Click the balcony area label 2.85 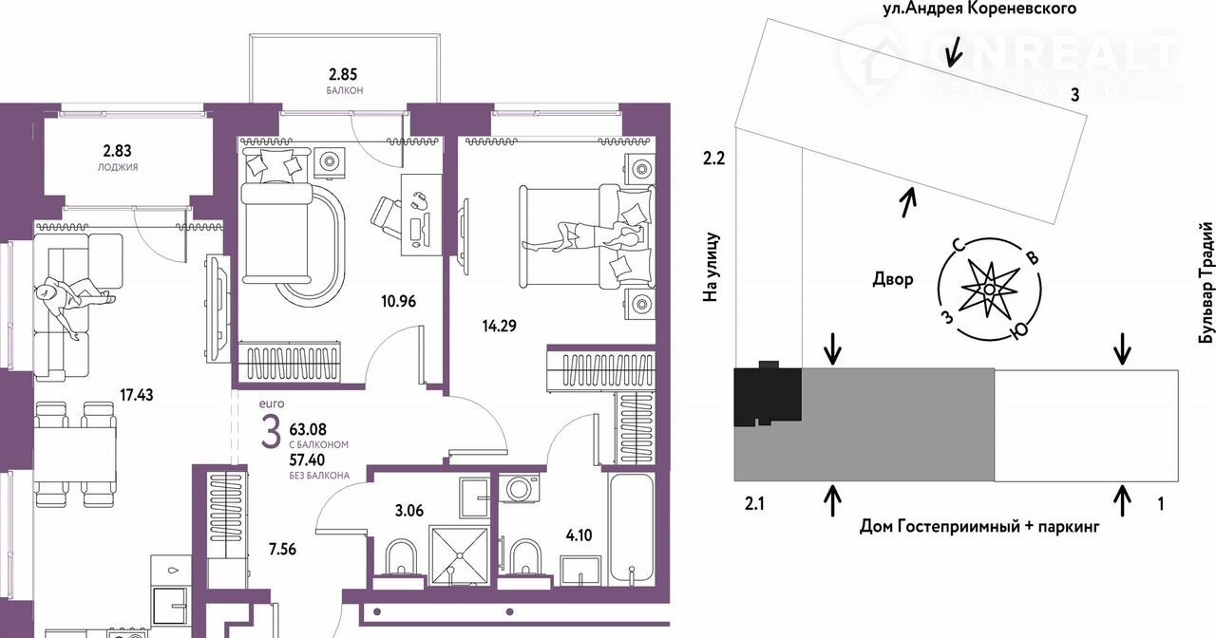343,74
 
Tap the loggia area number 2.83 117,150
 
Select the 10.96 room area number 398,301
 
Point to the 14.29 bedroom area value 499,326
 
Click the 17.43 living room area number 137,395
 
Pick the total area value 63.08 308,430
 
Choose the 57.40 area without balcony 307,460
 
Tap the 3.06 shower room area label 408,511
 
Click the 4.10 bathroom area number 579,535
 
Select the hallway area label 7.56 282,550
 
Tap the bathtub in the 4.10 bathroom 631,530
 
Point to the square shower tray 459,555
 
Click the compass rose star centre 989,290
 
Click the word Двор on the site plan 892,279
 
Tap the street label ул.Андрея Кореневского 979,9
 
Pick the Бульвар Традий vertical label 1206,282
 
